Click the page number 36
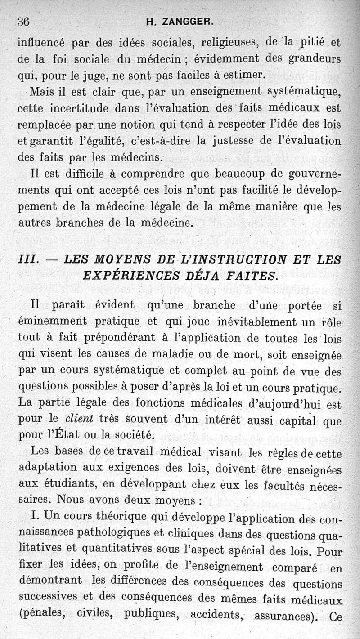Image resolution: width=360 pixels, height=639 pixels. (x=23, y=21)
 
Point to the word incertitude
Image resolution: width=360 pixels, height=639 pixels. (x=71, y=108)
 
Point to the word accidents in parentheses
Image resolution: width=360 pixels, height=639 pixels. (x=214, y=616)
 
